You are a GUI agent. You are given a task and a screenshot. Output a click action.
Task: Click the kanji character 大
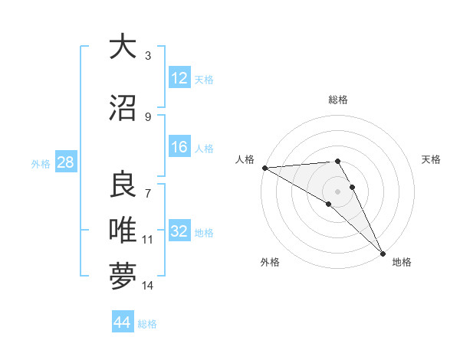tap(123, 47)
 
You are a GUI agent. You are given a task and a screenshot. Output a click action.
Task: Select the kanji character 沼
tap(123, 108)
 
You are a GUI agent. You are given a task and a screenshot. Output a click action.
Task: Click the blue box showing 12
tap(179, 79)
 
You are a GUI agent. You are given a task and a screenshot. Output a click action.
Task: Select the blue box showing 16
tap(179, 148)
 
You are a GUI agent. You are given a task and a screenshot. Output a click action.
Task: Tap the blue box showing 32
tap(179, 232)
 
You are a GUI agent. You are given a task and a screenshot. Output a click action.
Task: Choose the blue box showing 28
tap(65, 163)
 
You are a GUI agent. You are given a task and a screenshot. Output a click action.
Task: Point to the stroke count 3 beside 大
tap(148, 56)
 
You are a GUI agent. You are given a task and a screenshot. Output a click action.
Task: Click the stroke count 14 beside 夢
tap(148, 286)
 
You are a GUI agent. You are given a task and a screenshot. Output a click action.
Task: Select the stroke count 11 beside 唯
tap(148, 240)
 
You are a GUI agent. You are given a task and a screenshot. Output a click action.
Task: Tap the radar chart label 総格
tap(337, 100)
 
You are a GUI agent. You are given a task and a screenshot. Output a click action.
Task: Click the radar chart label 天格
tap(432, 159)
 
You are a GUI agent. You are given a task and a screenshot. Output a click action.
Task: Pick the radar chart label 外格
tap(270, 262)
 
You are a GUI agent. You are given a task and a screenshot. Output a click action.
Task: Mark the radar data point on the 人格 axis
tap(264, 168)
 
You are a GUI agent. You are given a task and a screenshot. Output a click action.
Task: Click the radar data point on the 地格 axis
tap(383, 252)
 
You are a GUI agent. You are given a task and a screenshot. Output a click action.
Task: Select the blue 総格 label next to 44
tap(147, 324)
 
